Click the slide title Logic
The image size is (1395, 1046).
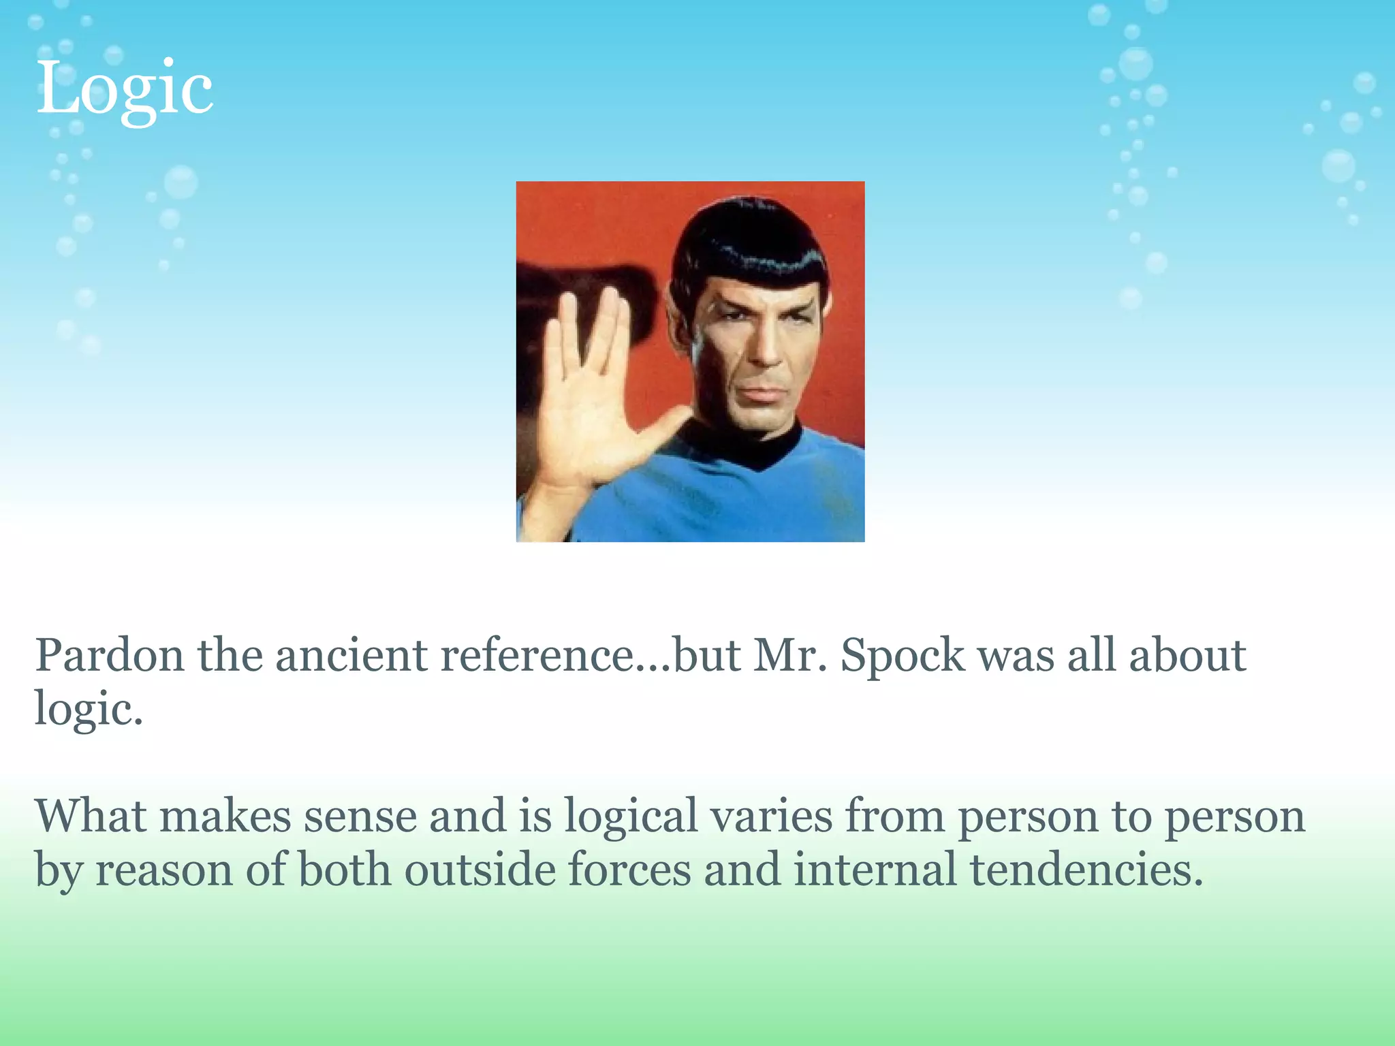tap(125, 89)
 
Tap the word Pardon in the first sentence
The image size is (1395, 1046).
tap(110, 656)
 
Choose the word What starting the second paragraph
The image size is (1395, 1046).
tap(91, 816)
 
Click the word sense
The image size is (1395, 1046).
tap(360, 816)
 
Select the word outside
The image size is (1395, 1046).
tap(480, 870)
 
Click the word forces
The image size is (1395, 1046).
tap(629, 870)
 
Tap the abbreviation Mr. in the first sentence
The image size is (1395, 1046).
tap(790, 656)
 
